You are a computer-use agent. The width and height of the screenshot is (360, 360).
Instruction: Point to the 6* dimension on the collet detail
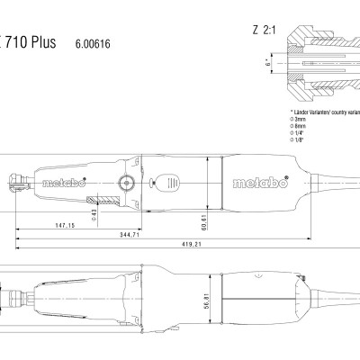point(269,64)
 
